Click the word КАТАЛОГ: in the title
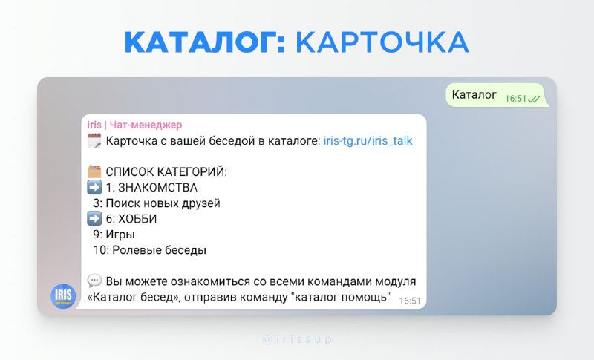(x=205, y=42)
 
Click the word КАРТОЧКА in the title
(x=382, y=42)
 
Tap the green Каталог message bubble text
(x=474, y=94)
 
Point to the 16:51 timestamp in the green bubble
(x=515, y=99)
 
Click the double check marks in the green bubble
(x=534, y=99)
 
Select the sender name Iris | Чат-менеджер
(x=134, y=125)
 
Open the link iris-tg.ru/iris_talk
(x=368, y=141)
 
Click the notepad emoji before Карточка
(x=94, y=141)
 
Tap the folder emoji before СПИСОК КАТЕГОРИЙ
(x=94, y=172)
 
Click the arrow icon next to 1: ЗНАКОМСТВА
(x=94, y=187)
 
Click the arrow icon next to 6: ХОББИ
(x=94, y=218)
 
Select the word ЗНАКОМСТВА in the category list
(x=157, y=187)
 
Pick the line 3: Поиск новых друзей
(x=157, y=203)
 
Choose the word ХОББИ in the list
(x=137, y=219)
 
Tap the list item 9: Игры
(x=114, y=235)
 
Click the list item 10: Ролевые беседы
(x=150, y=250)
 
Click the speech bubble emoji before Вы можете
(x=94, y=281)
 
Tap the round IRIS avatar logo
(x=63, y=296)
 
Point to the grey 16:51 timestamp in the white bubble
(x=410, y=301)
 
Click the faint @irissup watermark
(x=297, y=339)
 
